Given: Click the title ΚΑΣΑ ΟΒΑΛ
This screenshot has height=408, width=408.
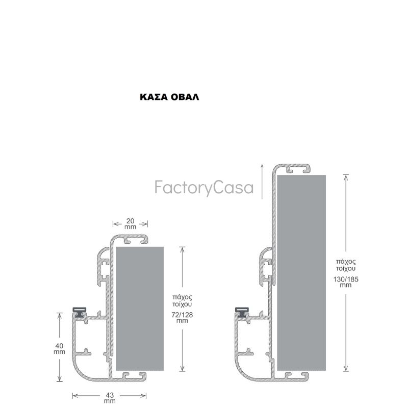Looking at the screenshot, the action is (169, 97).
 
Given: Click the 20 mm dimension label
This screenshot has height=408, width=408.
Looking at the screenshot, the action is (130, 224).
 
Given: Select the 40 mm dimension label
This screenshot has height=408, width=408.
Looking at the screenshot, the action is (59, 349).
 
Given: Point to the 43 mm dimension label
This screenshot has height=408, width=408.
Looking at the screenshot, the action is (110, 398).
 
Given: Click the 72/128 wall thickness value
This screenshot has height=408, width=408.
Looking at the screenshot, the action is (182, 317).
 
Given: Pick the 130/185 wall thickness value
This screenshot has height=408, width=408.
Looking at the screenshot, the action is (346, 282).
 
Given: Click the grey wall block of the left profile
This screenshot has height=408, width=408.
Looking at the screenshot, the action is (140, 309).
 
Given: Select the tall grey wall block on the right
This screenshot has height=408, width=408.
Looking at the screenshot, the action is (301, 273).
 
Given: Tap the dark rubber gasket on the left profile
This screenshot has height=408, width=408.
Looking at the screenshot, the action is (80, 312).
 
